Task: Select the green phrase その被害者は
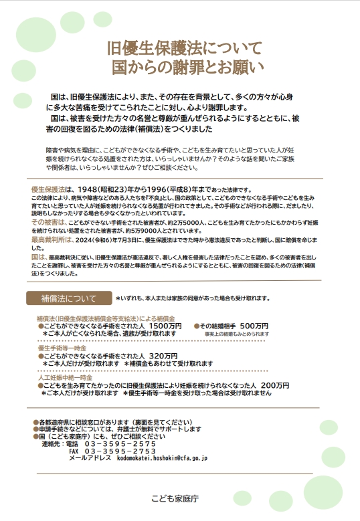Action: click(49, 220)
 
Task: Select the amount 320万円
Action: click(163, 356)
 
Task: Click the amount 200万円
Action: click(275, 386)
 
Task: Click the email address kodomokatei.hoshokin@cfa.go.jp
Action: click(163, 459)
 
